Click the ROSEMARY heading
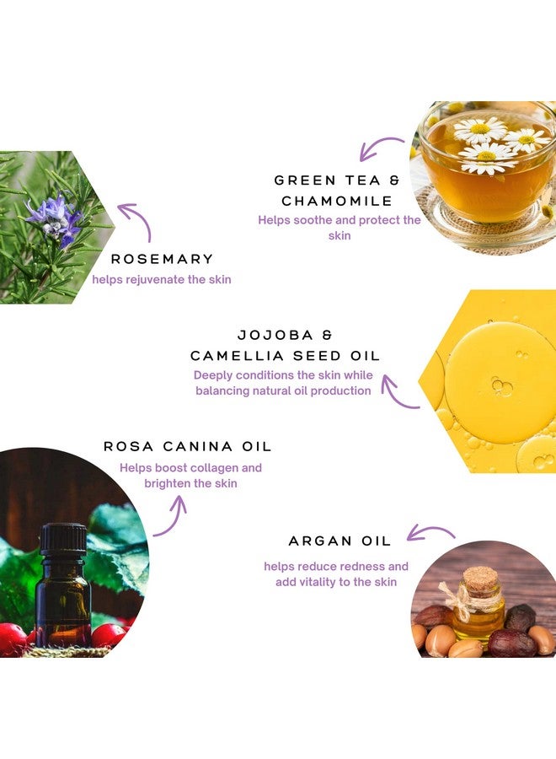tap(163, 259)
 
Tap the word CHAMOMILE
tap(337, 202)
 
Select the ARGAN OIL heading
tap(339, 541)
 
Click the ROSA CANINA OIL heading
tap(188, 446)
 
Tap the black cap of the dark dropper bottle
tap(63, 538)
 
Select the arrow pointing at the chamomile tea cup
tap(381, 148)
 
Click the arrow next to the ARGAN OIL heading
tap(430, 532)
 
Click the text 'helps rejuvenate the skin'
tap(162, 279)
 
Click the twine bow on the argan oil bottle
tap(460, 595)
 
